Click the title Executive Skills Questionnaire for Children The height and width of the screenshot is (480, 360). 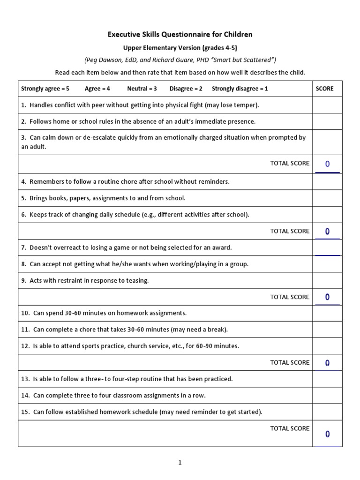[180, 34]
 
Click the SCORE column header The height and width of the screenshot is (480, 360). [324, 89]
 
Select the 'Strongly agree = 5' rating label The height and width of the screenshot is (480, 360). [45, 89]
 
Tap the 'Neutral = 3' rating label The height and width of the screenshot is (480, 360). [142, 89]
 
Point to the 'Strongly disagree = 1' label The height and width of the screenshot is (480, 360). [240, 89]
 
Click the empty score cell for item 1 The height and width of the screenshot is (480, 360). [327, 105]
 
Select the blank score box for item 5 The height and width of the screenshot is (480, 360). [327, 198]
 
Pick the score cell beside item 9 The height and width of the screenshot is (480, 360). [327, 281]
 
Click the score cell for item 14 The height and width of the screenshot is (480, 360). [327, 396]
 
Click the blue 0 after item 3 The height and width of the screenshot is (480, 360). [327, 164]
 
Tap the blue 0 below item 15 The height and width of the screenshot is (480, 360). [327, 434]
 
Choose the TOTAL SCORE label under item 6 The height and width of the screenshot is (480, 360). [290, 231]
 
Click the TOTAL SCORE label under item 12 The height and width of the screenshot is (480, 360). [290, 362]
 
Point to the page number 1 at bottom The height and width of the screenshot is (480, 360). [180, 463]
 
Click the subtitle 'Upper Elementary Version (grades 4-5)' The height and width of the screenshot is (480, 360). [180, 48]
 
